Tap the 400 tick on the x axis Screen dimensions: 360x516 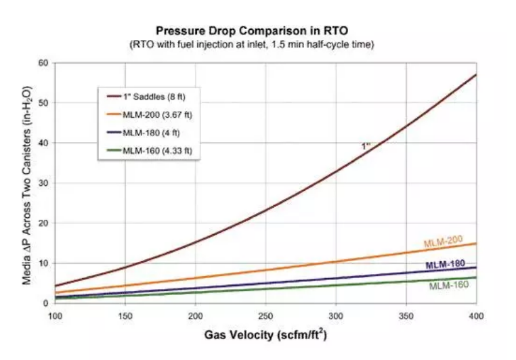coord(476,316)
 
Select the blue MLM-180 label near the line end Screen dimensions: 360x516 coord(446,265)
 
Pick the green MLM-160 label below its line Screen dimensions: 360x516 coord(448,286)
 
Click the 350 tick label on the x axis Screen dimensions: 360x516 coord(406,316)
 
